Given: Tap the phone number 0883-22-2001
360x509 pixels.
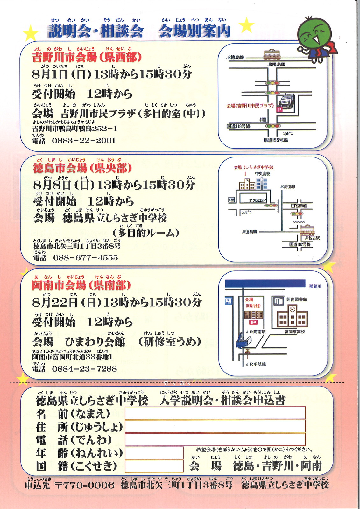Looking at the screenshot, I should (84, 141).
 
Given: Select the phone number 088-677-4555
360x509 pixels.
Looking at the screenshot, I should (85, 258).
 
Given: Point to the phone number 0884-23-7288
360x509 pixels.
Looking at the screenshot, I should (84, 369).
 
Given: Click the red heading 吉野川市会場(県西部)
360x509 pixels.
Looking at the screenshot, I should (87, 58).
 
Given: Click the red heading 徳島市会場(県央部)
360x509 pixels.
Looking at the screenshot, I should (82, 168).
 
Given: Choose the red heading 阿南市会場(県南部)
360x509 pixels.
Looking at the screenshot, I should (81, 285).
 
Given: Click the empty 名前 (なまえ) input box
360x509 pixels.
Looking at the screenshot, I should (215, 413).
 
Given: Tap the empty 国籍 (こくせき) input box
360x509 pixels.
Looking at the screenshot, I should (154, 466).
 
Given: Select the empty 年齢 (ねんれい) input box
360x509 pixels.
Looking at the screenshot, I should (154, 453).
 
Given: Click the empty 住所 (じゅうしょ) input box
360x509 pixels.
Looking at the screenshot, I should (215, 426).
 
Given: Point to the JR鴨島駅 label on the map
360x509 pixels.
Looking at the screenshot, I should (276, 64).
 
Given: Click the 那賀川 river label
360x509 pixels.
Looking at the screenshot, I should (315, 286).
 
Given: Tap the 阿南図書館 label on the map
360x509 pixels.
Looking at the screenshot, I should (297, 299).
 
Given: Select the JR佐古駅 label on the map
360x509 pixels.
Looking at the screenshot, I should (312, 238).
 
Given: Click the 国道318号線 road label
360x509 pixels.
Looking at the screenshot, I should (238, 126).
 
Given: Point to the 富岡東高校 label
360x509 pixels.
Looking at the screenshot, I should (295, 332).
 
